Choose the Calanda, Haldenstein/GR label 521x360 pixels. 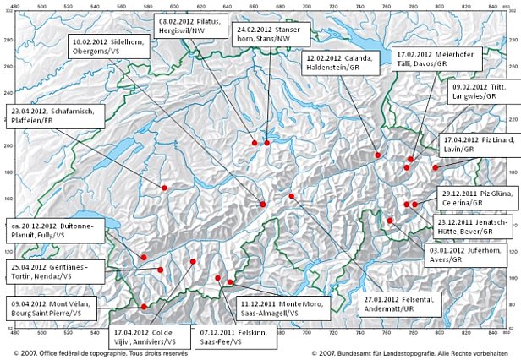[x=334, y=63]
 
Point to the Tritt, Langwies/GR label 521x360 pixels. [x=482, y=92]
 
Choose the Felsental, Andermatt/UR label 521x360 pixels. [x=401, y=303]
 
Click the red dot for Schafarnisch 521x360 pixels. [x=164, y=187]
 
